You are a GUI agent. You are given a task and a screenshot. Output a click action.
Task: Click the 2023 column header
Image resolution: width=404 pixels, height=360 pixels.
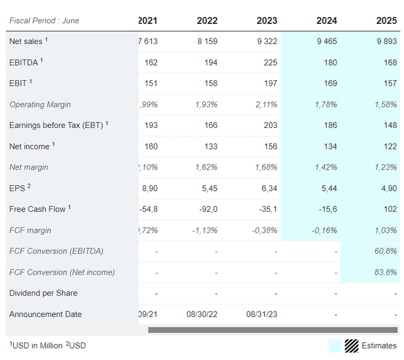point(266,21)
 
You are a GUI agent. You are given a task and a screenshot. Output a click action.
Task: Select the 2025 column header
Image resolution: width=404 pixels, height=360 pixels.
point(386,21)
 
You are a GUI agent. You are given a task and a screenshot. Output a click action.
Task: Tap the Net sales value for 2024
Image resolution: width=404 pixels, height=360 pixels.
point(326,42)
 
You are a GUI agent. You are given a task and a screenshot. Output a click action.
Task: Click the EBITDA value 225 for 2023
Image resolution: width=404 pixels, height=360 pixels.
point(270,62)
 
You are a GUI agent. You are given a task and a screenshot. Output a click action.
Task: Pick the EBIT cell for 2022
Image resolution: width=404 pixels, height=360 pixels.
point(210,83)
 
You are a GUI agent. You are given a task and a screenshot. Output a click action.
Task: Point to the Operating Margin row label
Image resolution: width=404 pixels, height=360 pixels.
point(40,105)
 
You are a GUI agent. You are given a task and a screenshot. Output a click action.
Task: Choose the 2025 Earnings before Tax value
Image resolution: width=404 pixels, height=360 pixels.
point(390,125)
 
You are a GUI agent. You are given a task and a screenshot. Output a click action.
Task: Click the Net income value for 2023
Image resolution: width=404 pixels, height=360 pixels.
point(270,146)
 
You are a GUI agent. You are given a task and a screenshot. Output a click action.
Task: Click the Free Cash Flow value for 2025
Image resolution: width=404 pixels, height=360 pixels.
point(390,209)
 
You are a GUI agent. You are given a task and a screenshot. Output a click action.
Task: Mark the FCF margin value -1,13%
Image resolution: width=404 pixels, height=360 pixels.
point(203,230)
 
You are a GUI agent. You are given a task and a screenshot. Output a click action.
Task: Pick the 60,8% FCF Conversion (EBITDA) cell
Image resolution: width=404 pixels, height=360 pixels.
point(385,251)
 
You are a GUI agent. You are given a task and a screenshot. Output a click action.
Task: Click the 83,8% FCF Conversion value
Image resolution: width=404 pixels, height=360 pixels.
point(385,272)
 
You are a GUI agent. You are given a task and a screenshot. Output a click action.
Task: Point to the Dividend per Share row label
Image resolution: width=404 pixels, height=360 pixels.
point(44,293)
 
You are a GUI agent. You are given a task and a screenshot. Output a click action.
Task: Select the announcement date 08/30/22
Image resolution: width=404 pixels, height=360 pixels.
point(202,314)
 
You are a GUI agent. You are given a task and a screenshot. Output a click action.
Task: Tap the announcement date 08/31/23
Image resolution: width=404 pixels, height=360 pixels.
point(261,314)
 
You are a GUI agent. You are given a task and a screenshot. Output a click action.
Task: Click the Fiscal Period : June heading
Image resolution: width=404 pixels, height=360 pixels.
point(44,21)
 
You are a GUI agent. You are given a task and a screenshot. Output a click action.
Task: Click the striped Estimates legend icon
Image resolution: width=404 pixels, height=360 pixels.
point(352,345)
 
